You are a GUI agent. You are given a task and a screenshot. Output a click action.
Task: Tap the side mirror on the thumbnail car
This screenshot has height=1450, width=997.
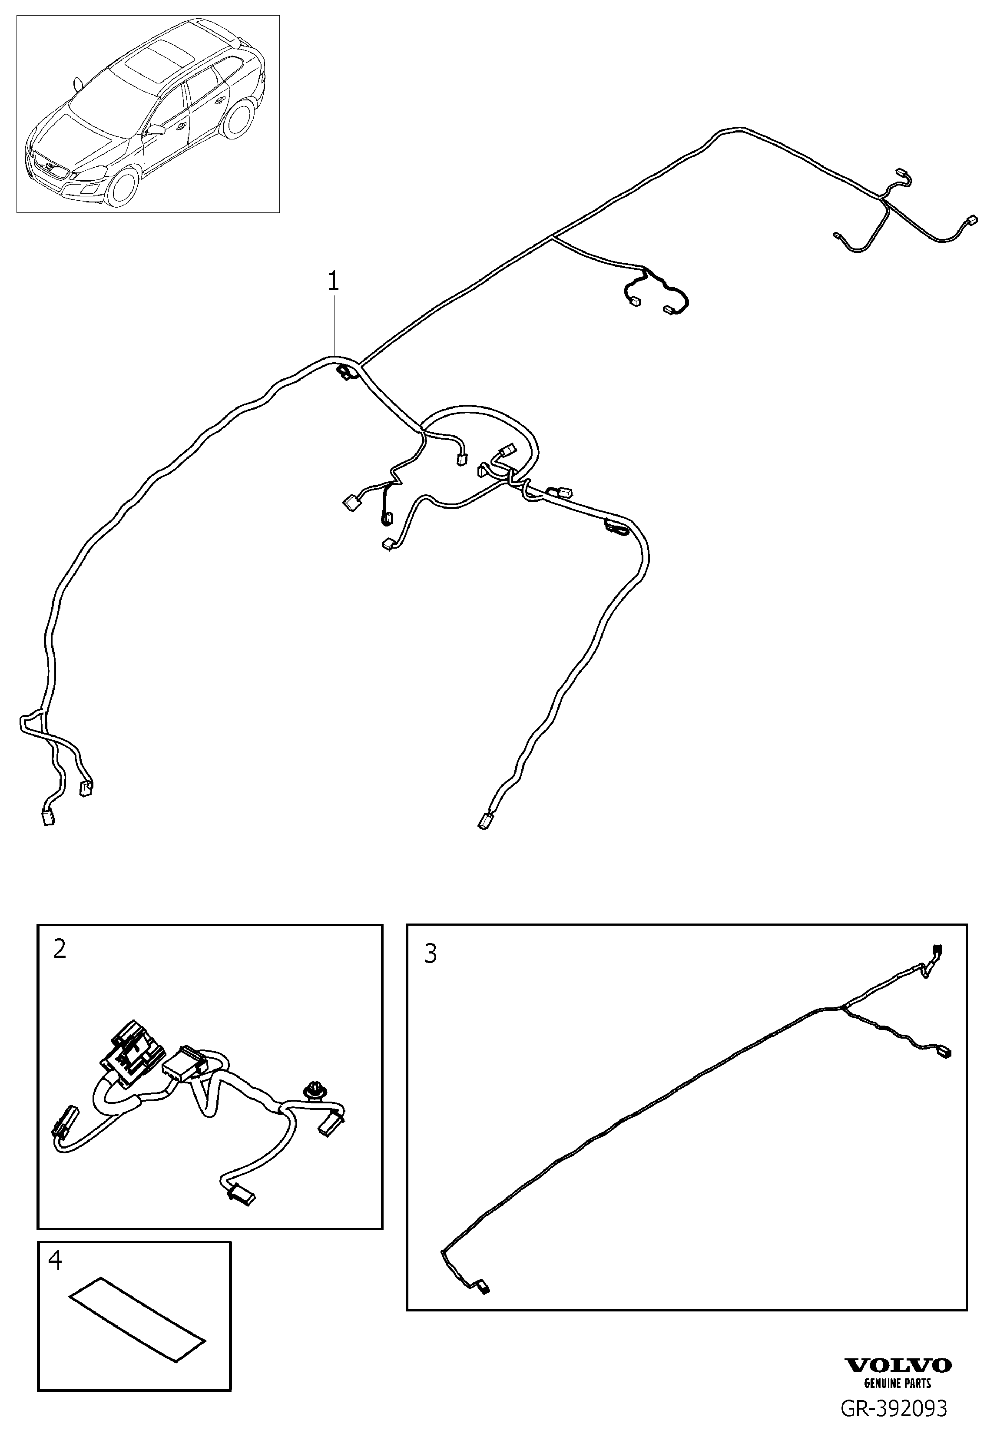pyautogui.click(x=155, y=130)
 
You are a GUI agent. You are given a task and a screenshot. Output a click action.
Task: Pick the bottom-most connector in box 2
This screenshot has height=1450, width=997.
pyautogui.click(x=242, y=1193)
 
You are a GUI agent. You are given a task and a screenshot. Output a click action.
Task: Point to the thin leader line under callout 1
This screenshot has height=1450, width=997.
pyautogui.click(x=334, y=325)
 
